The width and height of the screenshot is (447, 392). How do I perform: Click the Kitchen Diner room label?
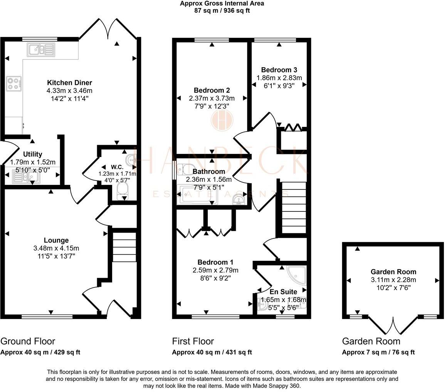pyautogui.click(x=70, y=83)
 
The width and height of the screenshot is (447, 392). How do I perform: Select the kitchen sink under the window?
pyautogui.click(x=41, y=50)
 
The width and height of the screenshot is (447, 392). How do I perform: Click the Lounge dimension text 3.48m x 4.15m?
pyautogui.click(x=56, y=248)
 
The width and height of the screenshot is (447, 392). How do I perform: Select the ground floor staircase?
pyautogui.click(x=124, y=247)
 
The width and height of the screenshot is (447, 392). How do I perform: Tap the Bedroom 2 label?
pyautogui.click(x=212, y=91)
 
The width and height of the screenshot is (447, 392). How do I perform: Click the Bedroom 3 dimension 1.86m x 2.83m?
pyautogui.click(x=279, y=78)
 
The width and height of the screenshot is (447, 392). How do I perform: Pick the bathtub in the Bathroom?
pyautogui.click(x=197, y=194)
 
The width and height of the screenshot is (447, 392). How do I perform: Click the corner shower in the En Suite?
pyautogui.click(x=297, y=276)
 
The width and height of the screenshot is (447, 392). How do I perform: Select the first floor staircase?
pyautogui.click(x=294, y=208)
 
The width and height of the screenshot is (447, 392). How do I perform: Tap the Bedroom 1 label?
pyautogui.click(x=215, y=262)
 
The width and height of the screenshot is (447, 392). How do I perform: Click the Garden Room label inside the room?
pyautogui.click(x=393, y=272)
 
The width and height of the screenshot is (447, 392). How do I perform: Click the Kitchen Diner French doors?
pyautogui.click(x=108, y=29)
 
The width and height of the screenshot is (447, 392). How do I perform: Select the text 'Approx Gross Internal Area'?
pyautogui.click(x=222, y=4)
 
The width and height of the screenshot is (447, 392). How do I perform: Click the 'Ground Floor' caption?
pyautogui.click(x=28, y=341)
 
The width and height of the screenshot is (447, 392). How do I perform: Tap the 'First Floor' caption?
pyautogui.click(x=193, y=341)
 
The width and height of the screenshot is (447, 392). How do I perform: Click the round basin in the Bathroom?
pyautogui.click(x=239, y=199)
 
